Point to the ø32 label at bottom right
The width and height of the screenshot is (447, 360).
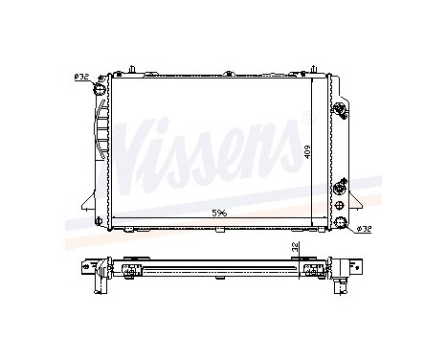[x=365, y=229]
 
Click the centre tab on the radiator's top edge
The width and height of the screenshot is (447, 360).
[x=227, y=73]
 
